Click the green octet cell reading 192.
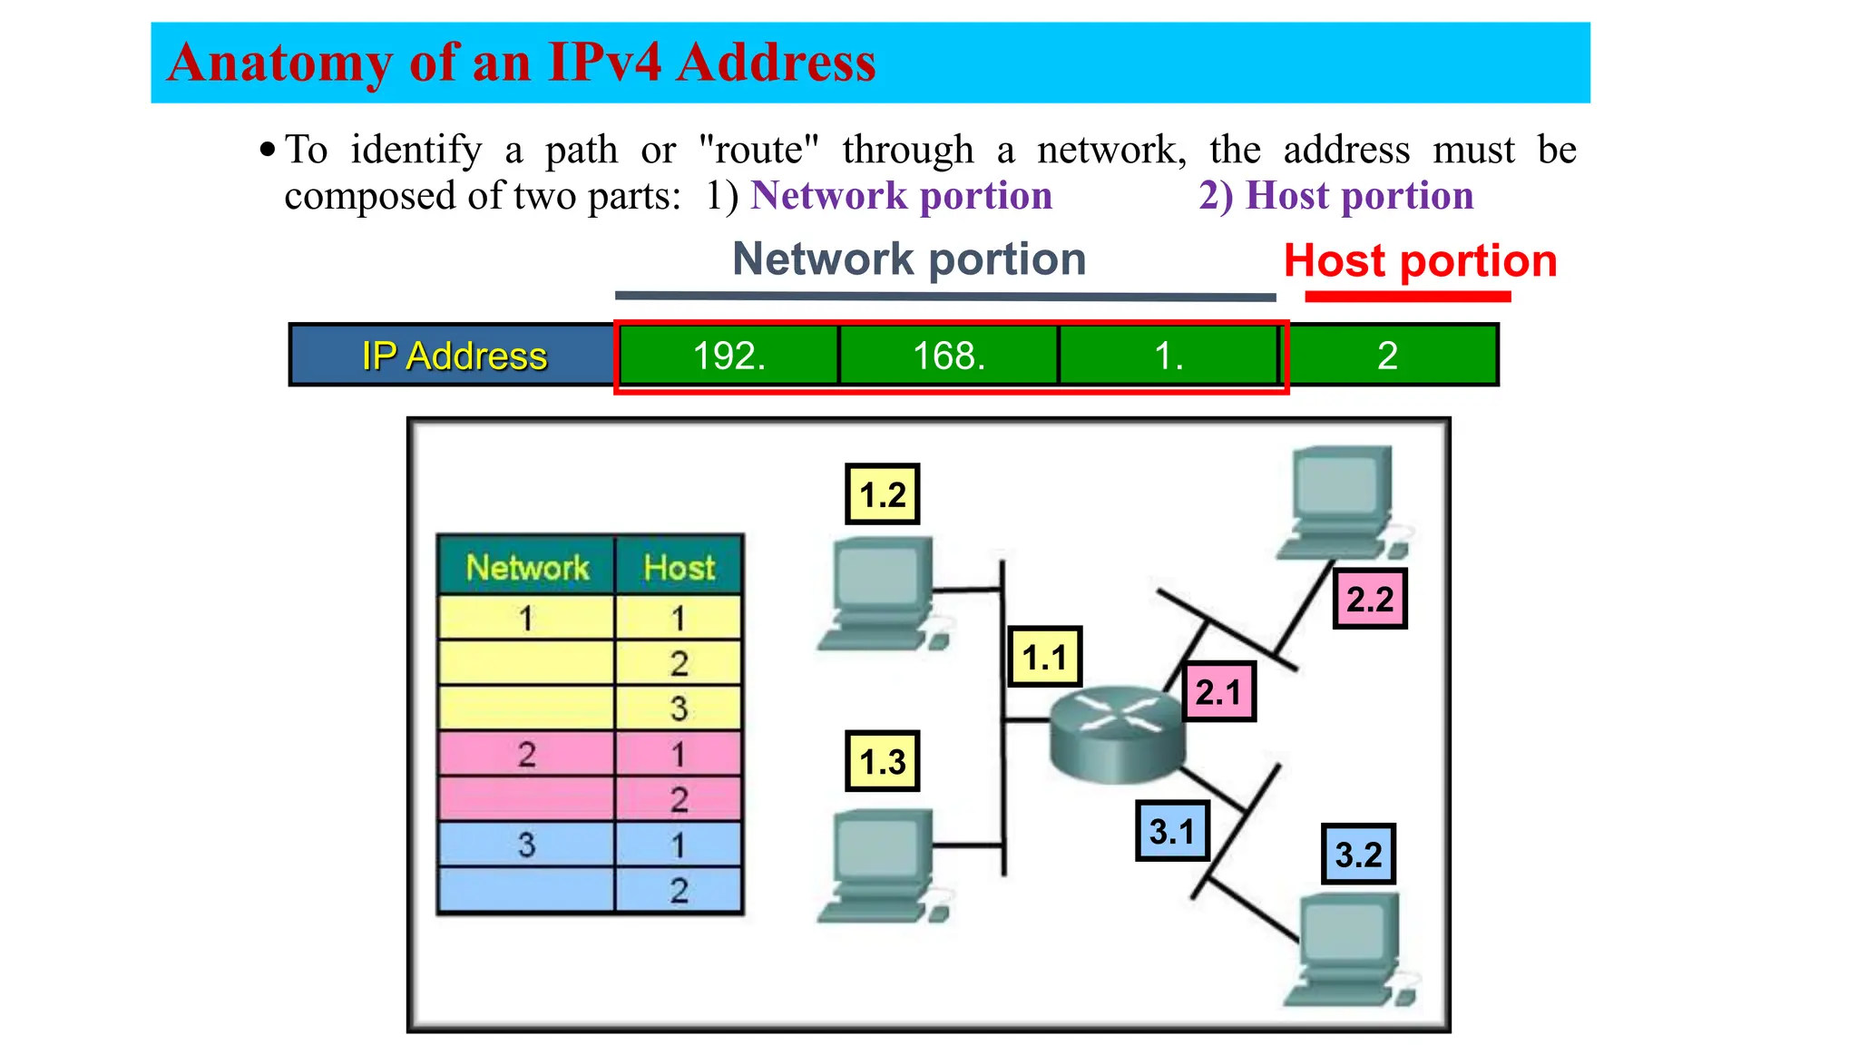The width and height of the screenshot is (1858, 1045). tap(729, 356)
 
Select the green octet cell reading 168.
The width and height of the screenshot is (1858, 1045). tap(949, 356)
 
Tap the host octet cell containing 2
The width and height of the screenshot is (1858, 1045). tap(1388, 356)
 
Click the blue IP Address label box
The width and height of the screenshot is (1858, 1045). tap(454, 356)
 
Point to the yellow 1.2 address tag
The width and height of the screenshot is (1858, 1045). tap(882, 494)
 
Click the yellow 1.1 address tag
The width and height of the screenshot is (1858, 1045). tap(1044, 657)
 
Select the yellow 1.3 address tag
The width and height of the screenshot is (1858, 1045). tap(882, 761)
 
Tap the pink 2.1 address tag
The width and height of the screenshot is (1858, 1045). tap(1218, 692)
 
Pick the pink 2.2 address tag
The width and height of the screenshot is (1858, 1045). tap(1369, 599)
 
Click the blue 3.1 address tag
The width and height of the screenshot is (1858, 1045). tap(1172, 831)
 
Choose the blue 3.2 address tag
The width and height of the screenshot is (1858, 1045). tap(1358, 854)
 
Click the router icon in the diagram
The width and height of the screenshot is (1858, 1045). tap(1117, 733)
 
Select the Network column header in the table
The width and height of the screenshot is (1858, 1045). tap(527, 567)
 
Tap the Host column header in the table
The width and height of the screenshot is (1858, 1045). tap(679, 567)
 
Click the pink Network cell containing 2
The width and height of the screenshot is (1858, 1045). tap(526, 754)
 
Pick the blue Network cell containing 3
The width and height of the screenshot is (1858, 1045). tap(526, 845)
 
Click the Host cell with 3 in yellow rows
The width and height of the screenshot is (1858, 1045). tap(679, 708)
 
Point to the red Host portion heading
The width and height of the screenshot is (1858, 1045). tap(1420, 261)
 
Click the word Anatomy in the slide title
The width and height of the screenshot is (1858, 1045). tap(280, 63)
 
